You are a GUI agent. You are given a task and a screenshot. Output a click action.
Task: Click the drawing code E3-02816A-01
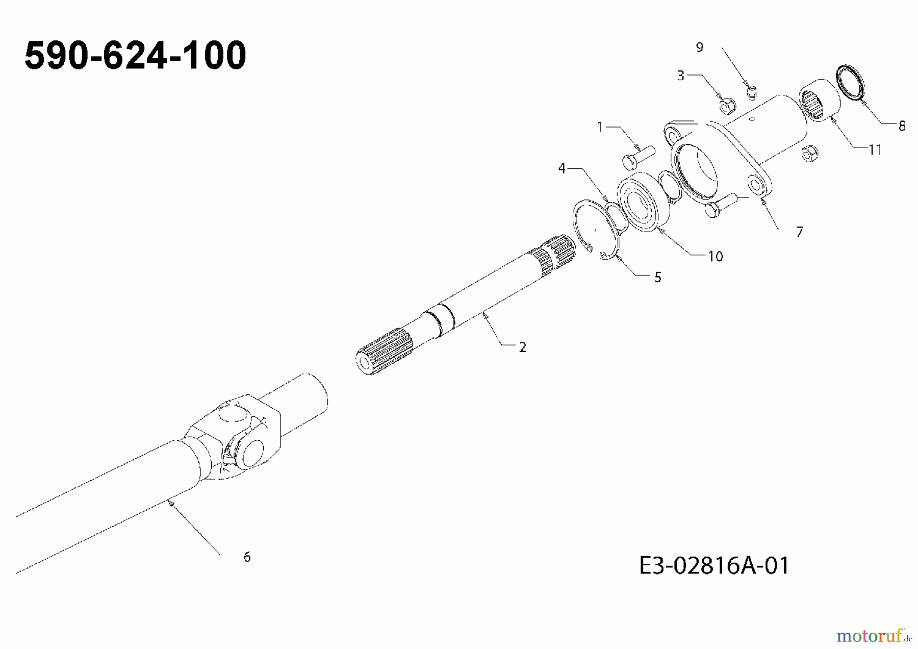pos(714,566)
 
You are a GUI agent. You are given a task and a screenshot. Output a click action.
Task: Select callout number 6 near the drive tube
pos(247,557)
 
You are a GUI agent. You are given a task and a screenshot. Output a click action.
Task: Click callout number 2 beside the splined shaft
pos(522,347)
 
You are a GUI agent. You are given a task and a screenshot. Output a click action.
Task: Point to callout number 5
pos(657,278)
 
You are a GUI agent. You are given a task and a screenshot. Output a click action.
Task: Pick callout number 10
pos(716,257)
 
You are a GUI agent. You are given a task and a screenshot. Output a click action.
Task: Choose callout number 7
pos(799,232)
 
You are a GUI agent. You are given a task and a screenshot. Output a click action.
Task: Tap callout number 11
pos(875,150)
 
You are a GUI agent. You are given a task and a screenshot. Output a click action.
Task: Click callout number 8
pos(902,126)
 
